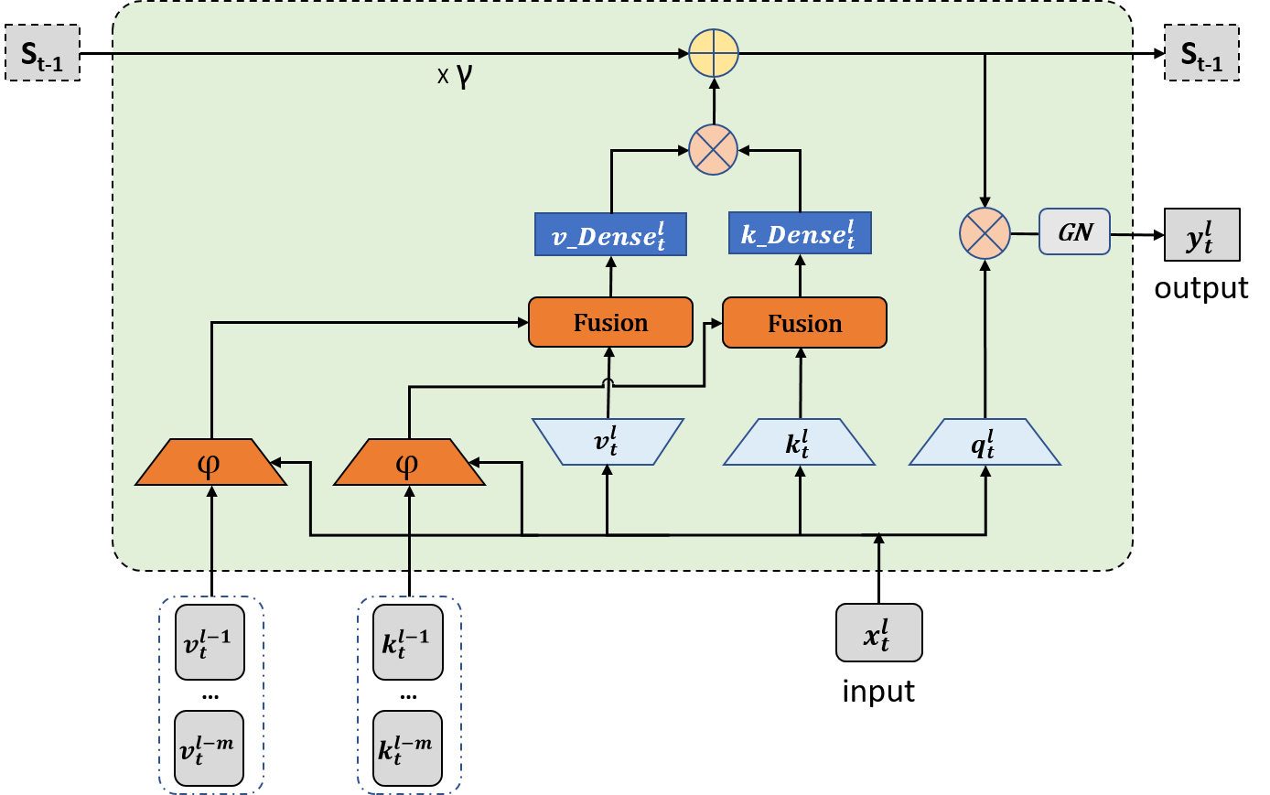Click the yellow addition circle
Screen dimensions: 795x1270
pos(713,53)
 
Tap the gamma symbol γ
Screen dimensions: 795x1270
pos(464,75)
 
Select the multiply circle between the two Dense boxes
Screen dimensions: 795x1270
pos(713,149)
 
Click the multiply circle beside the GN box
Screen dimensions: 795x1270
pos(985,233)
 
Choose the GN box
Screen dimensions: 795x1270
pos(1074,232)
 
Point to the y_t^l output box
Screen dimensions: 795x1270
pos(1201,235)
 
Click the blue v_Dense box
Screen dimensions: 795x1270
pos(610,235)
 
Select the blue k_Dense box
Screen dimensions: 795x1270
pos(800,234)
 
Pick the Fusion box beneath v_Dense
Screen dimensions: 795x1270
pos(610,323)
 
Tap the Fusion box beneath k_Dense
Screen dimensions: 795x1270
pos(804,324)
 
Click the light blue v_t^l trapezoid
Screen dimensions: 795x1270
pos(608,442)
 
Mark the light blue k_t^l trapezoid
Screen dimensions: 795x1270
pos(799,443)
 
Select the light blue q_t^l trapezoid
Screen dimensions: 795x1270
pos(985,443)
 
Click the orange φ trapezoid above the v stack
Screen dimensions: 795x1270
pos(210,463)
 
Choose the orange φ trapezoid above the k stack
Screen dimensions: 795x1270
pos(409,463)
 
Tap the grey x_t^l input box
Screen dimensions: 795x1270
pos(878,632)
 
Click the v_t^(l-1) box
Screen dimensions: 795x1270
pos(210,642)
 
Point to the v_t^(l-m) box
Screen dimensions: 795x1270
pos(210,748)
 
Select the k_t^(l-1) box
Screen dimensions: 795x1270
pos(408,642)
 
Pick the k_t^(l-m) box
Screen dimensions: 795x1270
pos(408,748)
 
